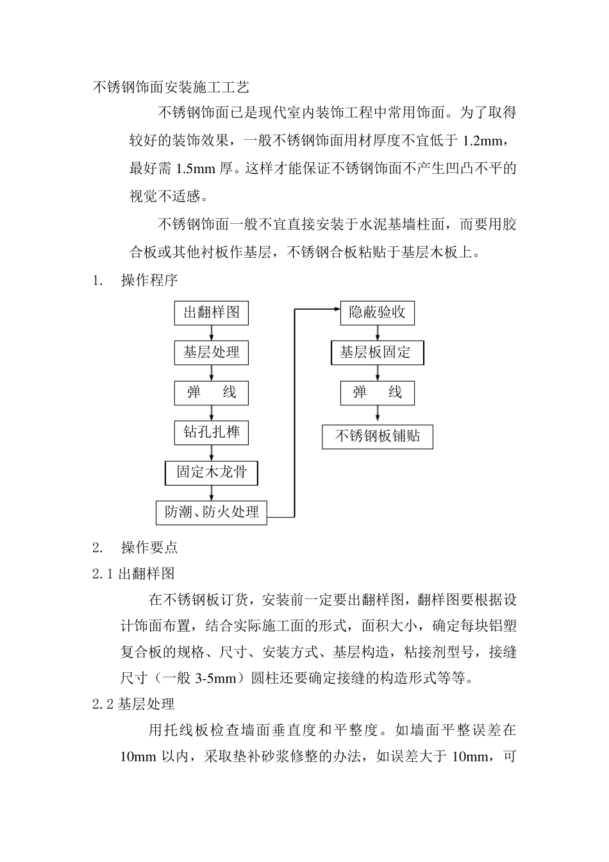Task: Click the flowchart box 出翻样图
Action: click(211, 313)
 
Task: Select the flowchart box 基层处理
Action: click(211, 353)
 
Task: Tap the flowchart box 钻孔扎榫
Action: click(211, 432)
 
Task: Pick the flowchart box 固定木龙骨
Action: click(211, 473)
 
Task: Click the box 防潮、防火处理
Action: click(212, 512)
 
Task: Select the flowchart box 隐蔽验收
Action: click(377, 313)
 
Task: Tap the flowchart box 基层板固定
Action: click(377, 353)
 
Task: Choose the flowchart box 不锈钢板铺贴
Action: click(377, 437)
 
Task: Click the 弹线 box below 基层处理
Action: click(211, 393)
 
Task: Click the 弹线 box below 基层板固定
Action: click(377, 393)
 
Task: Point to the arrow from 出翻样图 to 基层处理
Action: click(211, 333)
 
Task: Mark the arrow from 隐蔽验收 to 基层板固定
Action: click(377, 333)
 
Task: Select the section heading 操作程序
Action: click(149, 280)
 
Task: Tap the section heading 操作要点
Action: click(149, 548)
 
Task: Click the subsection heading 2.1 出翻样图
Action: click(133, 573)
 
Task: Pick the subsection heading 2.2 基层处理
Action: click(133, 704)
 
